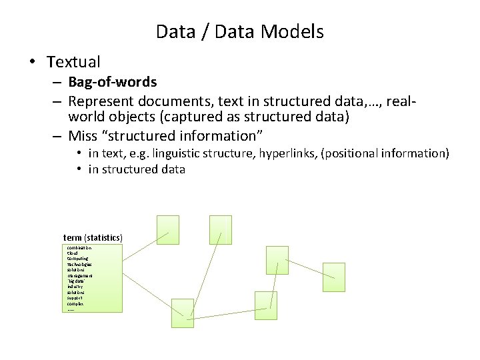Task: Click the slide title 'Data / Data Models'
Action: point(239,31)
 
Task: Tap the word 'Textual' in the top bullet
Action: point(73,63)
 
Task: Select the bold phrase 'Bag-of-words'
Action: point(113,82)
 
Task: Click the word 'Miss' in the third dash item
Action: point(83,136)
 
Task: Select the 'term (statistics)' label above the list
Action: point(93,237)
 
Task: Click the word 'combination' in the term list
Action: point(79,248)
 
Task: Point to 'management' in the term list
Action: point(80,275)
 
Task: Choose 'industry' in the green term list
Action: point(76,287)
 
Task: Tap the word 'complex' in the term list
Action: point(75,303)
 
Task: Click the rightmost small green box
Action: point(333,277)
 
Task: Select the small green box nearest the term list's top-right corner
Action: point(168,230)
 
